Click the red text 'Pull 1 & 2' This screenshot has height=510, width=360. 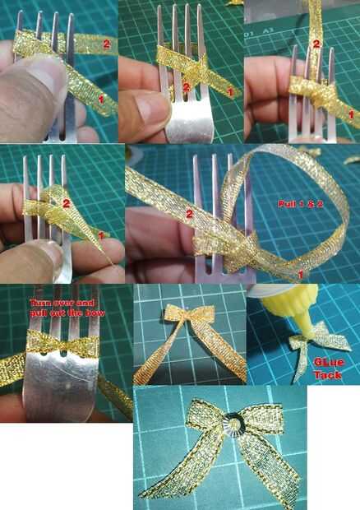(301, 204)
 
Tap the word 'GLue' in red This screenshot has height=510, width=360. (329, 362)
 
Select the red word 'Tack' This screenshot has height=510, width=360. (328, 375)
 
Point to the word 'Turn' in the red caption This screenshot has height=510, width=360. (39, 304)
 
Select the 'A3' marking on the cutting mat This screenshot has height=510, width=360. (268, 31)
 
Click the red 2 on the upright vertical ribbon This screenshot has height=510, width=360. (316, 44)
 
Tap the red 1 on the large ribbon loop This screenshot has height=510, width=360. (301, 275)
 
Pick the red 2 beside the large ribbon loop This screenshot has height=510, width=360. (189, 214)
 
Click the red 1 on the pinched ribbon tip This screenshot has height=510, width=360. (101, 234)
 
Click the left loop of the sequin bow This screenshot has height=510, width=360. (204, 415)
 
